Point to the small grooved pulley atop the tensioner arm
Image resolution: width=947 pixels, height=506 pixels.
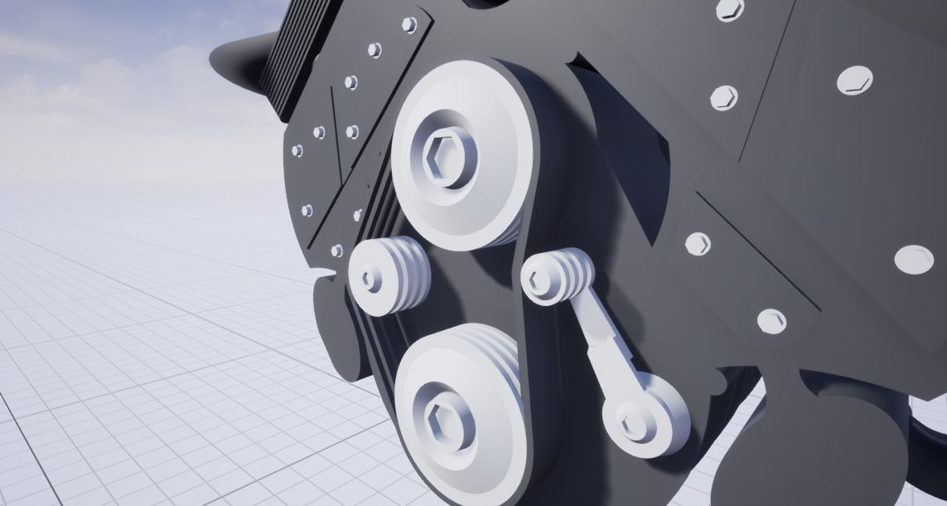[559, 278]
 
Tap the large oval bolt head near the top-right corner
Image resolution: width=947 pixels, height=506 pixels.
[854, 80]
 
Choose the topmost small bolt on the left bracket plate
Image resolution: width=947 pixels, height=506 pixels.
[409, 25]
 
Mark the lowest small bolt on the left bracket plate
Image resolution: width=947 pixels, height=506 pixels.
[336, 250]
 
